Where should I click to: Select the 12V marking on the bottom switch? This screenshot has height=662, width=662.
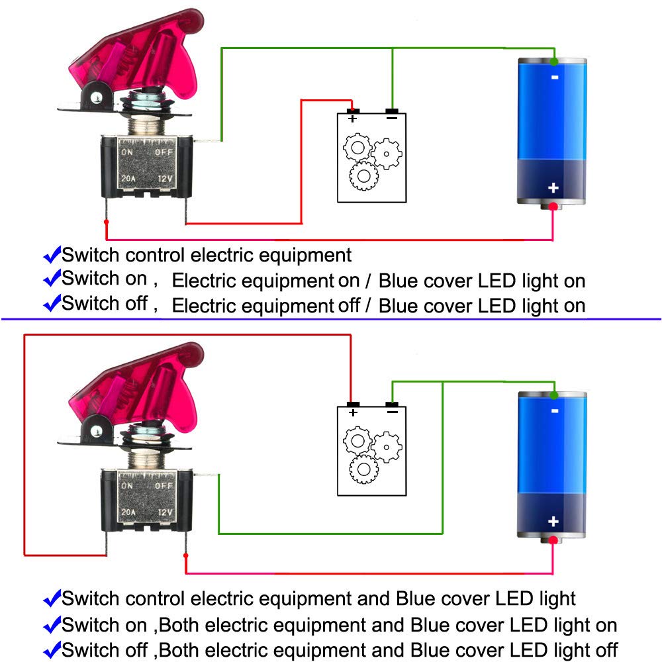[166, 512]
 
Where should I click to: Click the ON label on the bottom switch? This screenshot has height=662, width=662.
[127, 485]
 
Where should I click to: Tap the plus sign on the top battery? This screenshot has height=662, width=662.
[553, 188]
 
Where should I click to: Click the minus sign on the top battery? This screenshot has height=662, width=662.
[554, 77]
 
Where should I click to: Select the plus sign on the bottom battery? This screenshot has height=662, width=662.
[553, 522]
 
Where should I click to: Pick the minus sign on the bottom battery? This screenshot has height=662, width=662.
[554, 410]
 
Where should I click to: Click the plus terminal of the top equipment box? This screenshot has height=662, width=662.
[353, 112]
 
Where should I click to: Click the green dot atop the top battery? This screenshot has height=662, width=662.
[553, 62]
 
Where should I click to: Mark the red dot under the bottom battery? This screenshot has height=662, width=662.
[553, 540]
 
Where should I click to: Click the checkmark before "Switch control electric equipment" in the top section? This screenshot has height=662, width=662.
[52, 255]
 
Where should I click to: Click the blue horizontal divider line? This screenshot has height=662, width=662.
[331, 319]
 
